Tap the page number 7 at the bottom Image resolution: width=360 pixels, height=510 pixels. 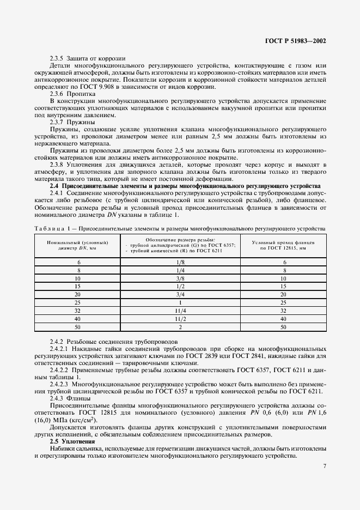pyautogui.click(x=325, y=466)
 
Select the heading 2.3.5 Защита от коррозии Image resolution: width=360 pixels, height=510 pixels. pyautogui.click(x=87, y=58)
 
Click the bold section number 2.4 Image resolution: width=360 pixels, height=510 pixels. pyautogui.click(x=56, y=186)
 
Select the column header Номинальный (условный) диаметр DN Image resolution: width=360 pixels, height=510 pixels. pyautogui.click(x=78, y=244)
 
